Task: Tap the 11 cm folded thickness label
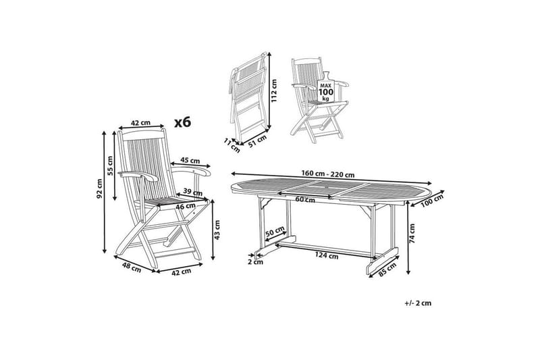click(x=232, y=142)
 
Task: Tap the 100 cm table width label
click(x=433, y=201)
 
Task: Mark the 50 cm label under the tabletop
click(x=275, y=232)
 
